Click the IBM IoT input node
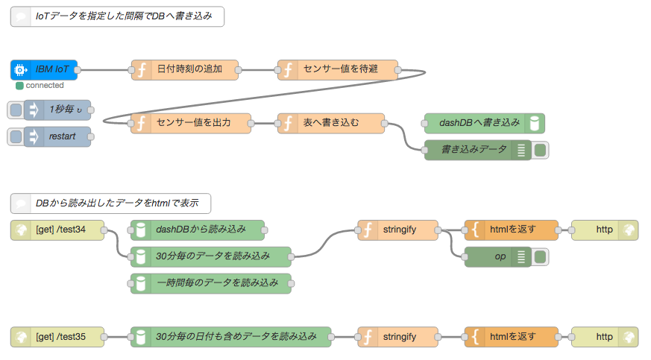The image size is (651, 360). tap(45, 69)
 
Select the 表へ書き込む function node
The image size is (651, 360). tap(331, 123)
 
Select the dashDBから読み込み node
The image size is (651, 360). tap(198, 230)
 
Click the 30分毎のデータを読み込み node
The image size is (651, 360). tap(210, 256)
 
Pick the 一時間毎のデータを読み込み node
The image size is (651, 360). tap(210, 283)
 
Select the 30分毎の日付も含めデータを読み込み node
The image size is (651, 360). tap(230, 337)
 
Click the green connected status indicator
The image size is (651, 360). tap(19, 86)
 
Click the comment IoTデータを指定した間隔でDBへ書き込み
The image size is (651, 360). tap(117, 16)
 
